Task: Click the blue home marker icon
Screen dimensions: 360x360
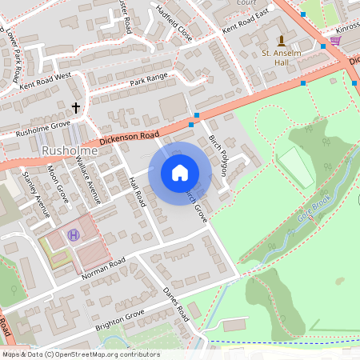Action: tap(180, 173)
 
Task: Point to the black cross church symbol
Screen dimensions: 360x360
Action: tap(77, 107)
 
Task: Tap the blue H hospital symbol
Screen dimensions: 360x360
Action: tap(74, 234)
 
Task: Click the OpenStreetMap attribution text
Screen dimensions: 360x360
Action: tap(80, 354)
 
